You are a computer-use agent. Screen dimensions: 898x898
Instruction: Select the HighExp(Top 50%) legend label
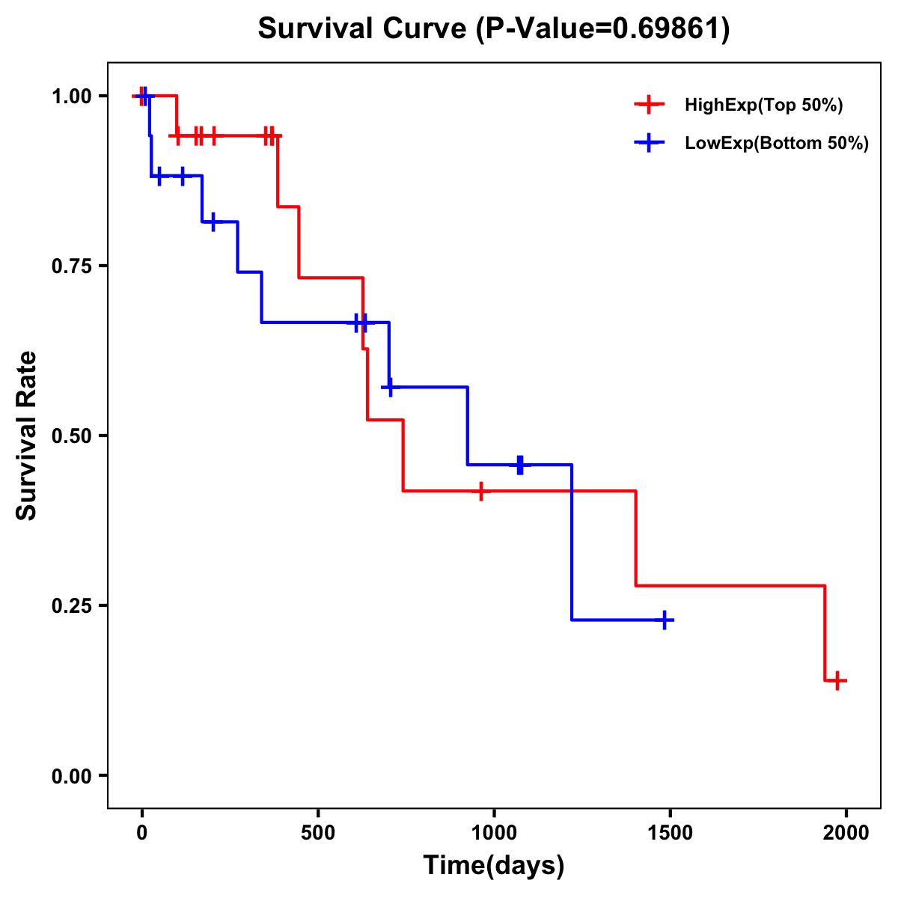(764, 106)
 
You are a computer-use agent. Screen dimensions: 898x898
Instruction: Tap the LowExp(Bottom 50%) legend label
(777, 144)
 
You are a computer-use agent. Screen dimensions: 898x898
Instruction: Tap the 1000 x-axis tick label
(494, 834)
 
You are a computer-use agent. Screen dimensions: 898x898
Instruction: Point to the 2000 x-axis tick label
(846, 834)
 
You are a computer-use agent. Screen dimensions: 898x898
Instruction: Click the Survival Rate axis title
(27, 436)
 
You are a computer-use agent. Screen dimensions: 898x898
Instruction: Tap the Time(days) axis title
(494, 866)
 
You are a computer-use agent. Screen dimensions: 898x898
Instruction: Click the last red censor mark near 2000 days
(838, 680)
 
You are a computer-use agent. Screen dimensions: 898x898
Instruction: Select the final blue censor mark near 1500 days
(664, 620)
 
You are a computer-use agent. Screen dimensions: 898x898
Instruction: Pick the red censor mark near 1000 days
(480, 491)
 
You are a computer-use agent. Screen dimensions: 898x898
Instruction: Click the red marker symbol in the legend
(649, 105)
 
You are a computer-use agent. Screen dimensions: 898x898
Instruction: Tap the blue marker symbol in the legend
(649, 143)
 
